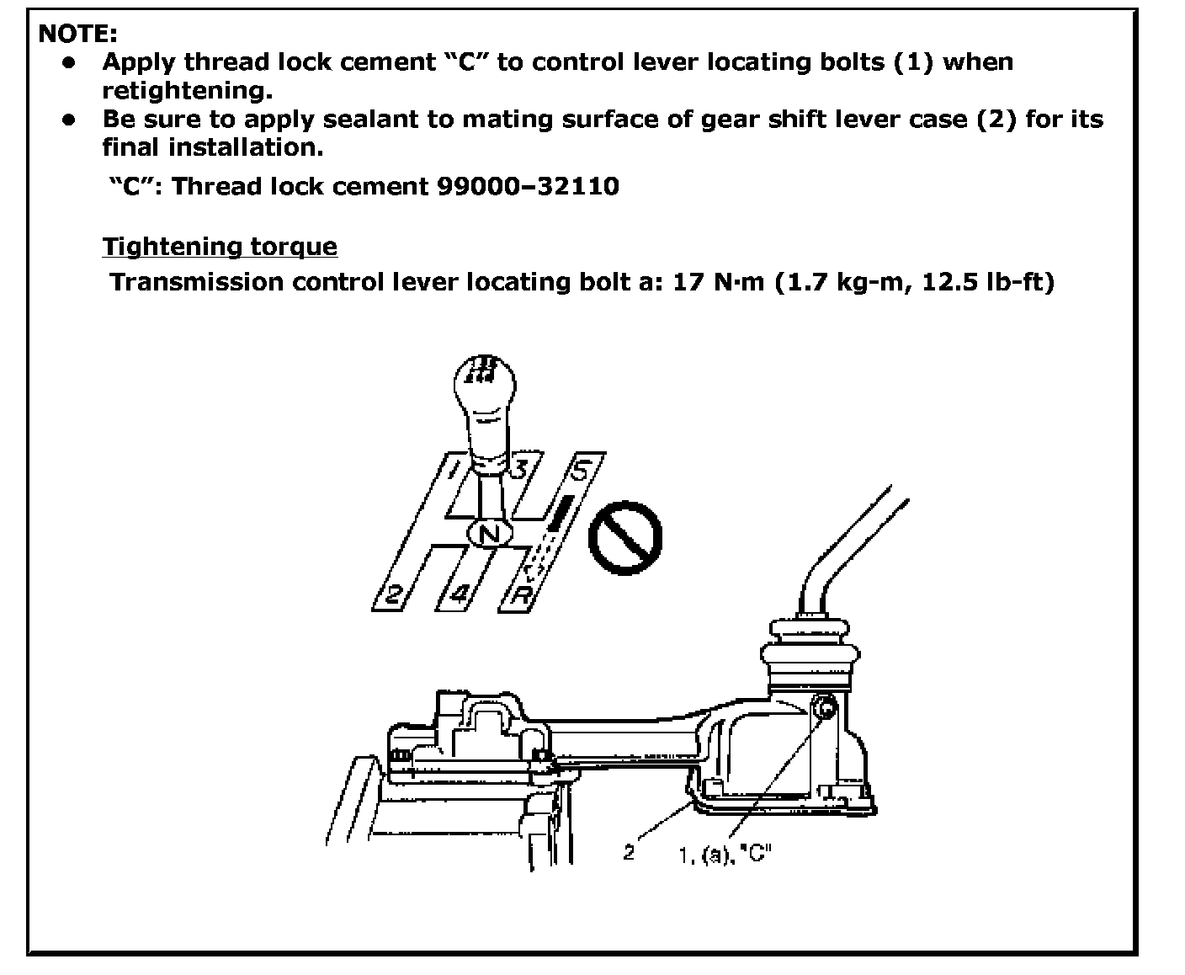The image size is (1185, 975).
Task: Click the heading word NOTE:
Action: click(x=77, y=34)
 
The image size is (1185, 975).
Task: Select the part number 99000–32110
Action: click(x=529, y=186)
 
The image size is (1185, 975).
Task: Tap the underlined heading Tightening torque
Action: click(x=220, y=247)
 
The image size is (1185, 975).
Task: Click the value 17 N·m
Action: click(x=719, y=282)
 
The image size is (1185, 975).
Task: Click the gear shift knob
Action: click(x=485, y=406)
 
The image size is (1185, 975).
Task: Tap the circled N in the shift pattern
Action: click(x=490, y=534)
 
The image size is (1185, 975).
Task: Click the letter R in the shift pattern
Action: click(x=521, y=594)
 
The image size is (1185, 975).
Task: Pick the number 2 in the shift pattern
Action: click(x=394, y=594)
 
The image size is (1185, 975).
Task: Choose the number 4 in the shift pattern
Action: click(x=460, y=594)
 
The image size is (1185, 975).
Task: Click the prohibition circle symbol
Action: click(x=624, y=538)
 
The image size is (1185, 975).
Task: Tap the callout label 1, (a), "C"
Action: click(x=725, y=855)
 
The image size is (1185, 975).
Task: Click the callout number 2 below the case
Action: click(x=629, y=852)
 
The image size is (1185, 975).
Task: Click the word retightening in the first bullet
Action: click(x=187, y=91)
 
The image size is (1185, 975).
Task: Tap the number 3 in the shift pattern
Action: click(x=522, y=468)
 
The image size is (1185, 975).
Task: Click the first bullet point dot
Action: click(x=69, y=61)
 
